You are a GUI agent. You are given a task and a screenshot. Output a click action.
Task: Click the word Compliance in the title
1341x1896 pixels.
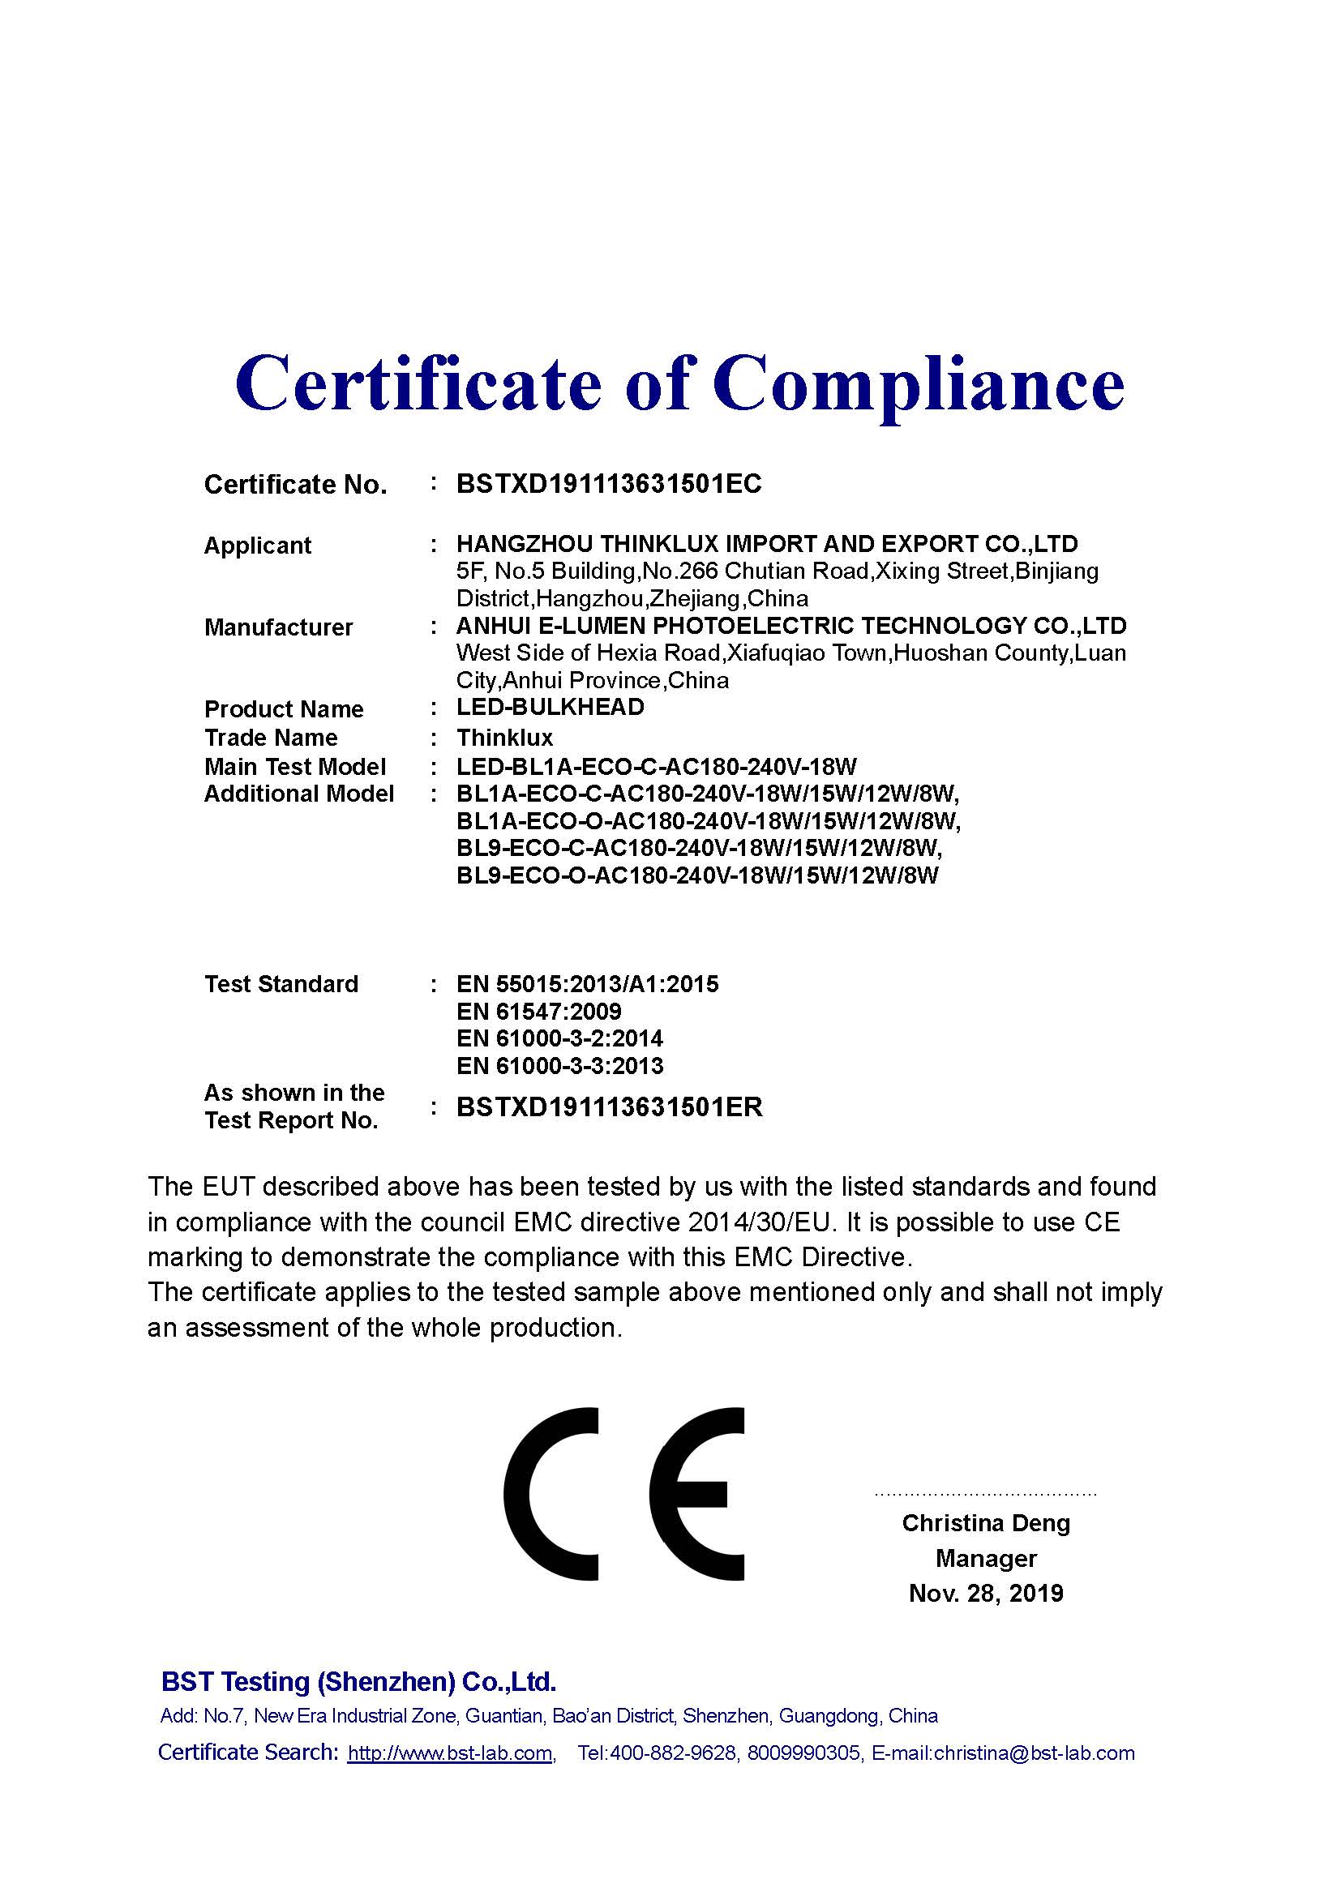pos(919,384)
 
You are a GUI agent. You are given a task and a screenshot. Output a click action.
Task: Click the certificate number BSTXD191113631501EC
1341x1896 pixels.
pos(609,484)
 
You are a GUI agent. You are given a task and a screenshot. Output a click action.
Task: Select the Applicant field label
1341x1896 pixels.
pos(257,546)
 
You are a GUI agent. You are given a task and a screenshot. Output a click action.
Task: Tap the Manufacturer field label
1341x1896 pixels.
pos(278,627)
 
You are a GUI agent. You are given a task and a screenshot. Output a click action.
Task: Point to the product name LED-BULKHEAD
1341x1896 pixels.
pos(550,708)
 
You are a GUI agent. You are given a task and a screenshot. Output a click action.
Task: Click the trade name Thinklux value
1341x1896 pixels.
pos(504,738)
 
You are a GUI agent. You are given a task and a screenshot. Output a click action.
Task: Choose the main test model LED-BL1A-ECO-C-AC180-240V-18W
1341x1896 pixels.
pos(657,767)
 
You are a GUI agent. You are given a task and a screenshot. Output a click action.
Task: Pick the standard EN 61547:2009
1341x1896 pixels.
pos(538,1012)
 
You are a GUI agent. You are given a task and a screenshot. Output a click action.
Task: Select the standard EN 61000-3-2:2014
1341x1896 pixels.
pos(559,1039)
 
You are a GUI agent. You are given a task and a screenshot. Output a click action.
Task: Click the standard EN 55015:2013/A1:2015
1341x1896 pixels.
pos(587,984)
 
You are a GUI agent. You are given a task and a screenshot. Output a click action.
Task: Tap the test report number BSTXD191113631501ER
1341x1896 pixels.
pos(609,1107)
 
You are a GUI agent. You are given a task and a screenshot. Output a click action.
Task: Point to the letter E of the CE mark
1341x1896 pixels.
pos(696,1494)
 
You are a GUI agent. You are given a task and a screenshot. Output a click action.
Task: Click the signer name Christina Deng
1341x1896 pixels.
pos(986,1524)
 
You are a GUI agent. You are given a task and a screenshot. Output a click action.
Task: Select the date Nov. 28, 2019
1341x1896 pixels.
pos(986,1593)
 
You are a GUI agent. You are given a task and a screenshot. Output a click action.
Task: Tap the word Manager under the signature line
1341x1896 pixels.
pos(986,1558)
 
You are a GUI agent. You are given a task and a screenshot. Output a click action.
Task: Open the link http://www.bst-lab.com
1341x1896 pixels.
pos(450,1753)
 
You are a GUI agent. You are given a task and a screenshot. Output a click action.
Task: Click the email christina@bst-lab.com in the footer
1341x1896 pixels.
pos(1034,1753)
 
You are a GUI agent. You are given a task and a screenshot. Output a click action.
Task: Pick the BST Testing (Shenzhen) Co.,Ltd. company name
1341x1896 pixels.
pos(358,1681)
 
